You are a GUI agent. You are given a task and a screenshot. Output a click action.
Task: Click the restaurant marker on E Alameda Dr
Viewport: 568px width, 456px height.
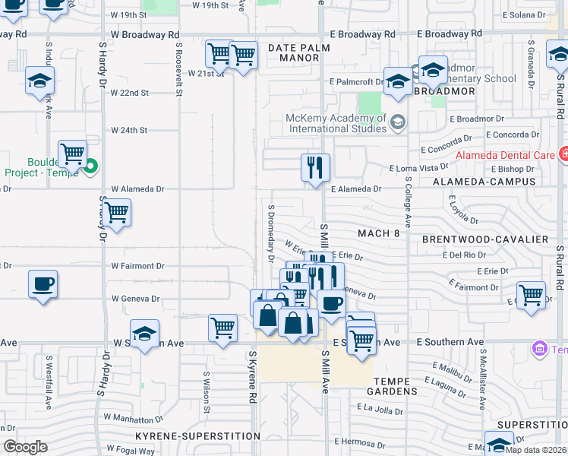(315, 167)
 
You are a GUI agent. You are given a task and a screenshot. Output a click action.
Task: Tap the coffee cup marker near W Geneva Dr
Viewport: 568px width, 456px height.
(43, 284)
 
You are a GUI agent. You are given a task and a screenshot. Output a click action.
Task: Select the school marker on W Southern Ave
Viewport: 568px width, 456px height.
(144, 333)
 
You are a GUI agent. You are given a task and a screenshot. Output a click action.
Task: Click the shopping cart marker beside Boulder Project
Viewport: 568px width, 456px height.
(72, 154)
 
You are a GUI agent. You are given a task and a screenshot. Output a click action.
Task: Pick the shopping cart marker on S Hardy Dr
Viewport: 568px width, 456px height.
(116, 213)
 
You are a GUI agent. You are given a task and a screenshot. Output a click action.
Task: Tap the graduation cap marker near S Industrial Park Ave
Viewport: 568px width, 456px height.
(39, 81)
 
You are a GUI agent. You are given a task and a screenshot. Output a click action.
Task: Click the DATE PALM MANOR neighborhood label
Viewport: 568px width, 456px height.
(295, 52)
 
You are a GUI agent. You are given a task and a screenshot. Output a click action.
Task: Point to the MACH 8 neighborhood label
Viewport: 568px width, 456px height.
(377, 233)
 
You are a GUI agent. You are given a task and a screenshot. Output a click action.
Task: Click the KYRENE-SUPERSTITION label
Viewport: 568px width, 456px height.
(197, 436)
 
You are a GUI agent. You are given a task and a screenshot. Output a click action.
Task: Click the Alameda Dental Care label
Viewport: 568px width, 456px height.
(503, 155)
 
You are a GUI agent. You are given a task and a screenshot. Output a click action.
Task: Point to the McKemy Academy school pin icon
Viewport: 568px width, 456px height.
(397, 122)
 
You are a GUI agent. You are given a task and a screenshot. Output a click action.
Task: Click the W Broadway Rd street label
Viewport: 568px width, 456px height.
(144, 34)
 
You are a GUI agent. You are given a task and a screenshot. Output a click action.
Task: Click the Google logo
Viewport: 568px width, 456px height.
(26, 447)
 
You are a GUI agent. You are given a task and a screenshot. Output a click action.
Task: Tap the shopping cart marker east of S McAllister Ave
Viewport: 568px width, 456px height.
(531, 294)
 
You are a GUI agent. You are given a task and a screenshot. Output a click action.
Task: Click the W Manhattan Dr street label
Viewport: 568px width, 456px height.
(134, 418)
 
